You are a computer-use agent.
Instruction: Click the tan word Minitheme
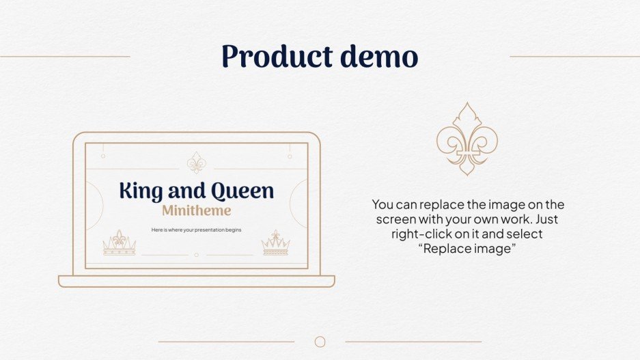tap(196, 210)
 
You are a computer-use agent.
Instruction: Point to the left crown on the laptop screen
tap(120, 243)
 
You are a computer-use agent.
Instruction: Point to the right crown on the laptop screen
tap(275, 243)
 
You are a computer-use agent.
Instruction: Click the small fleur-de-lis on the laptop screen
tap(197, 163)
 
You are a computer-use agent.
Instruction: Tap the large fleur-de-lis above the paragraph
tap(467, 139)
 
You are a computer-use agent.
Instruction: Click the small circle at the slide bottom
tap(320, 342)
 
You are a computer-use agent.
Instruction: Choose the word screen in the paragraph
tap(395, 219)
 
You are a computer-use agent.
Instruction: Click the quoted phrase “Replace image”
tap(469, 249)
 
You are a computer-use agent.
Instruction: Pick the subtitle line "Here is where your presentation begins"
tap(196, 230)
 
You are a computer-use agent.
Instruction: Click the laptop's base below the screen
tap(197, 281)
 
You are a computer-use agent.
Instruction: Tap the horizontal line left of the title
tap(65, 57)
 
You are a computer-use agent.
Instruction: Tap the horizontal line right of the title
tap(574, 57)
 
